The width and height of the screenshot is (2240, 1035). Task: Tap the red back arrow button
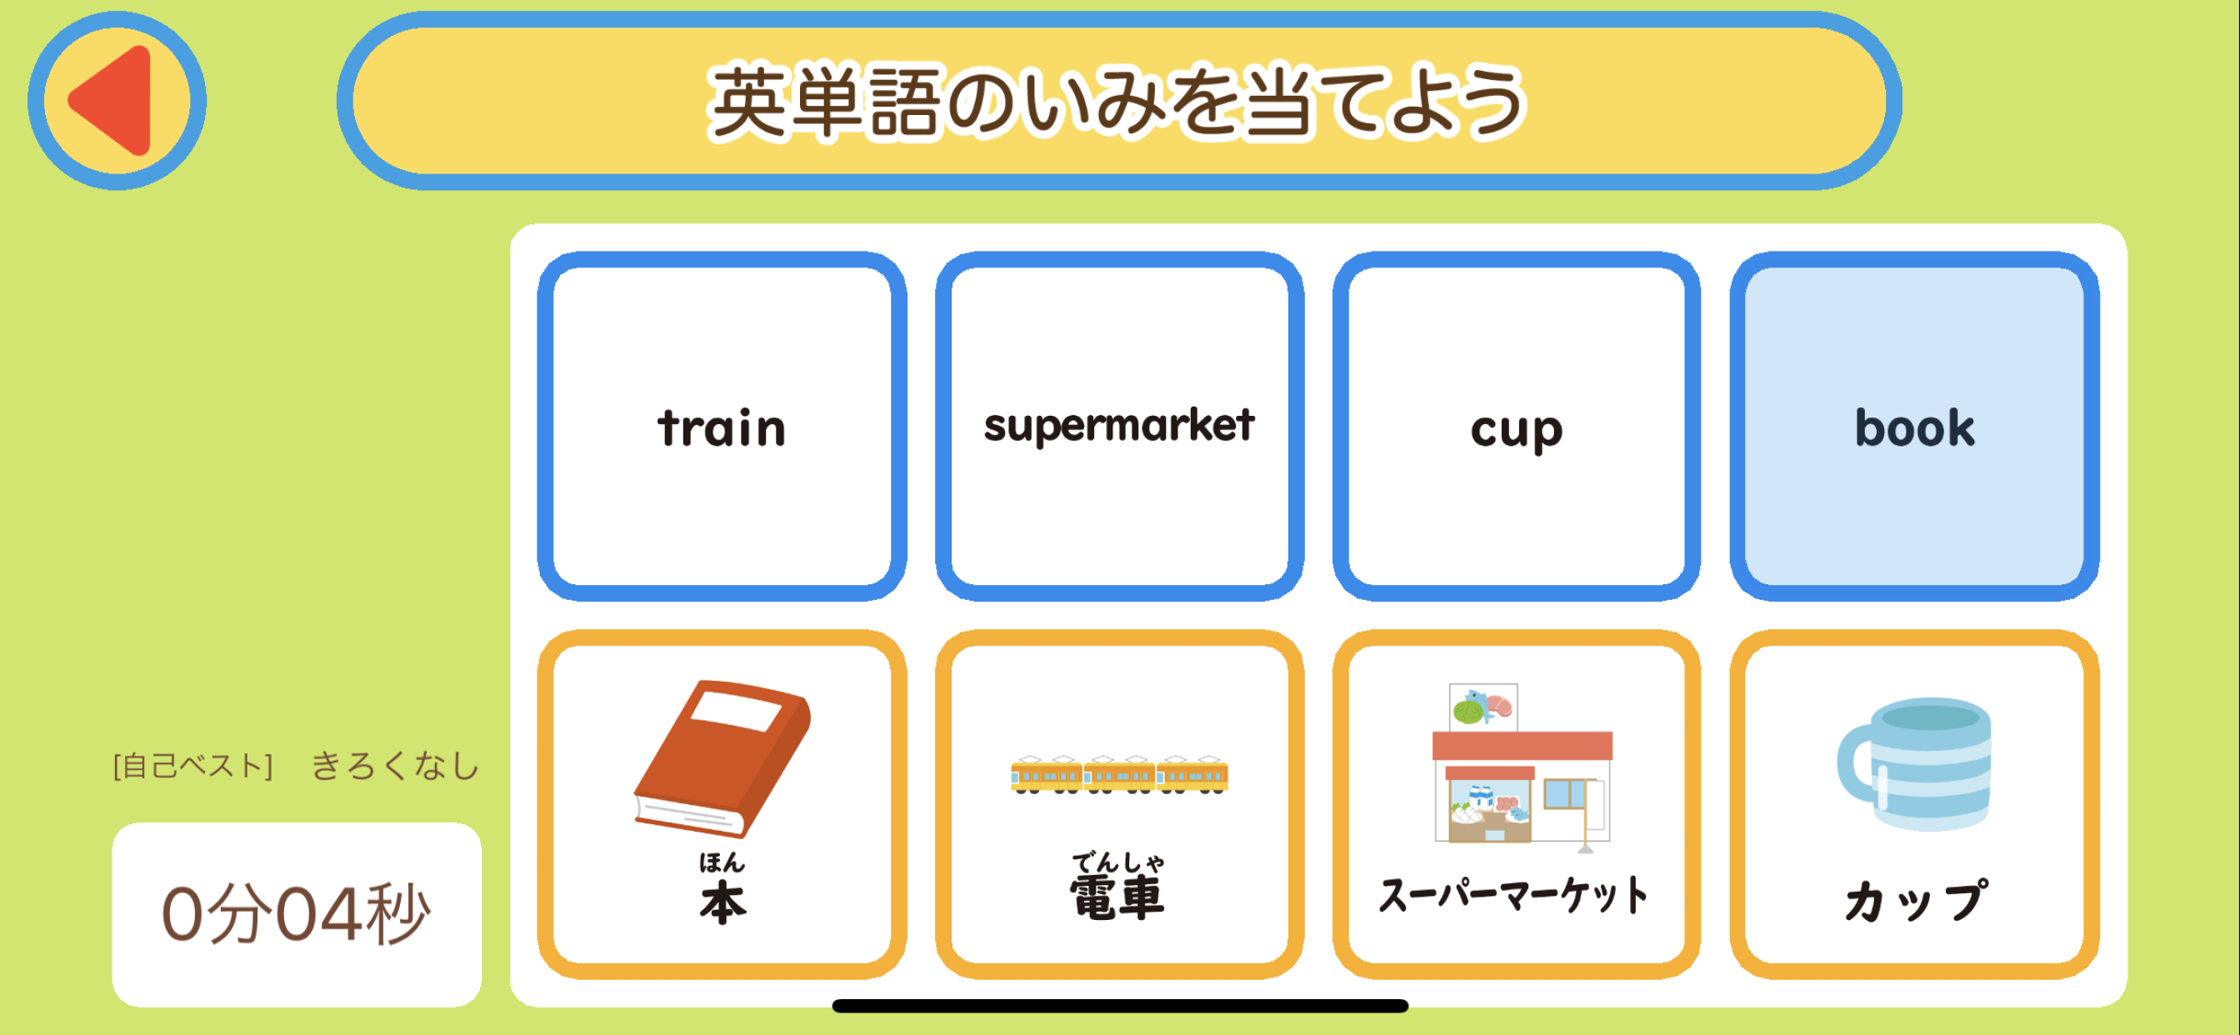[117, 101]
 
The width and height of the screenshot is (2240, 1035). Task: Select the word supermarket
[1119, 426]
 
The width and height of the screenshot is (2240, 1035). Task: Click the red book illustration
[722, 758]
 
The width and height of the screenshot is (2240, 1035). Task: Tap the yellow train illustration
[1119, 774]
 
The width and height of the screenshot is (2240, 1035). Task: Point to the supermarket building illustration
[1522, 763]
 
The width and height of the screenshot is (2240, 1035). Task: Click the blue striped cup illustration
[1914, 764]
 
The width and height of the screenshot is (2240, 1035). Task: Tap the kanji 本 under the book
[722, 902]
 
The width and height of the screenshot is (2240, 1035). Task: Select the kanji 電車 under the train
[1117, 897]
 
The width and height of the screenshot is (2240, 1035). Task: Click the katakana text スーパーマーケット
[1514, 896]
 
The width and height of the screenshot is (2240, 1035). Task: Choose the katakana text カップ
[1916, 901]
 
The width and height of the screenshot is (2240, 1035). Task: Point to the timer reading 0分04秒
[296, 914]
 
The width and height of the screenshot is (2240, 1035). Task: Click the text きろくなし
[396, 766]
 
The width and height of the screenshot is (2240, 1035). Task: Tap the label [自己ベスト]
[192, 766]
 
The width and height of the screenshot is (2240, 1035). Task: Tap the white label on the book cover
[737, 711]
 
